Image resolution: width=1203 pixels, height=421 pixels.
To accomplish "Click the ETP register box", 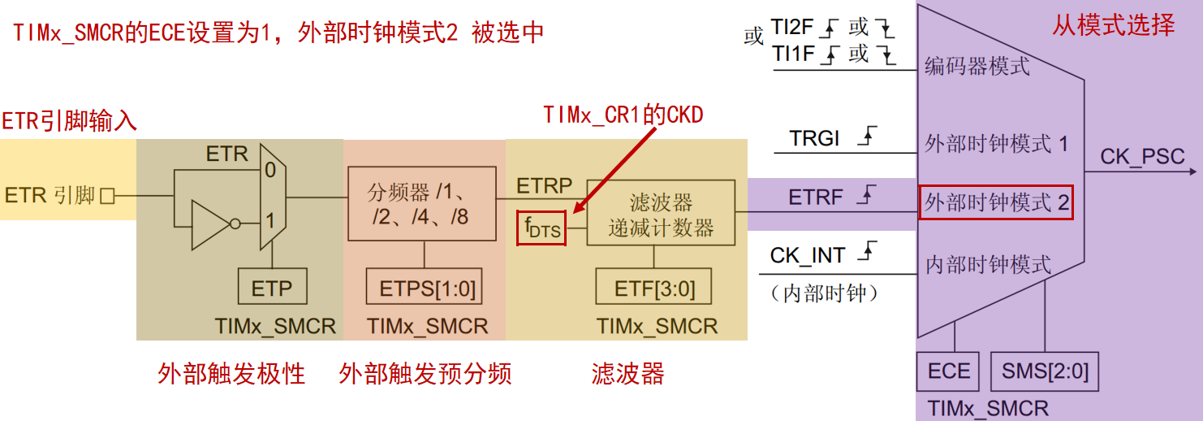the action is [272, 287].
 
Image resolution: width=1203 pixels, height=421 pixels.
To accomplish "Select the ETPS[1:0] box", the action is [425, 287].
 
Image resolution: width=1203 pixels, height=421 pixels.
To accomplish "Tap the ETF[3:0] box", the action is [653, 287].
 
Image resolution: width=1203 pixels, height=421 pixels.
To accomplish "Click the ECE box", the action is [948, 371].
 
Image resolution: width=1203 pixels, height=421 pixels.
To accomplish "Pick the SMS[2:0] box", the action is [1045, 371].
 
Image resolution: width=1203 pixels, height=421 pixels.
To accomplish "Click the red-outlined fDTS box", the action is [541, 228].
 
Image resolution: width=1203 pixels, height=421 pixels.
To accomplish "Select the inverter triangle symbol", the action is [211, 225].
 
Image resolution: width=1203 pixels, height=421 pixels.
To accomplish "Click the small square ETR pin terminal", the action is [107, 196].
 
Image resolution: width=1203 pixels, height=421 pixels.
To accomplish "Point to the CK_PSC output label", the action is [1142, 157].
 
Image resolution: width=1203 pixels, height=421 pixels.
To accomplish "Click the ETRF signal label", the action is [815, 197].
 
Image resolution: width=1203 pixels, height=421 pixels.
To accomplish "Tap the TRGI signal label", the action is [813, 138].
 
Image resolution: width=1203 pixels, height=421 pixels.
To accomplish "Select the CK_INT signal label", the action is [808, 255].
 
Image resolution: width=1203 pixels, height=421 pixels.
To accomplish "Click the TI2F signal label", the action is [792, 26].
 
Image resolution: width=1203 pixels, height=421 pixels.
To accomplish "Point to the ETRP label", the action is [544, 186].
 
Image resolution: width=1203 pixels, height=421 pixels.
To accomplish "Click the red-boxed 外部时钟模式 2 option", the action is [996, 202].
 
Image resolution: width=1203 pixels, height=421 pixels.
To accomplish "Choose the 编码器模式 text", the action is [977, 66].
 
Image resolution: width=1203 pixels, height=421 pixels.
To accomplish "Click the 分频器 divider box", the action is [421, 204].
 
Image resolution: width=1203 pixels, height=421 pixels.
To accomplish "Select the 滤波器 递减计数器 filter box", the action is [661, 213].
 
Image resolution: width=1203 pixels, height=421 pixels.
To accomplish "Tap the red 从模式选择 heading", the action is [1114, 25].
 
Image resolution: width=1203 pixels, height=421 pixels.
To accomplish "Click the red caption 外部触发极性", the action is [231, 374].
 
